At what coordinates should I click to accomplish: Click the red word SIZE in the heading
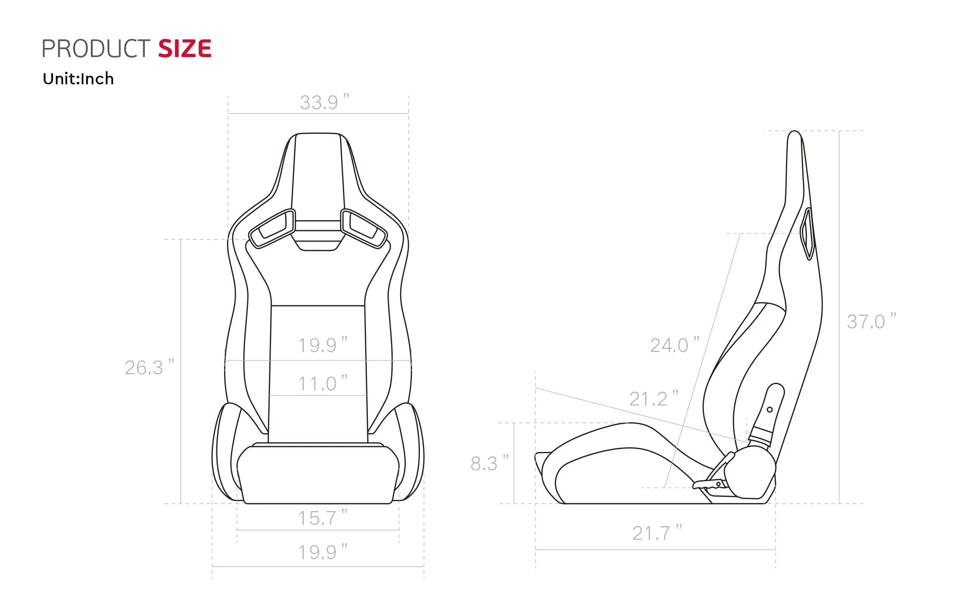coord(185,49)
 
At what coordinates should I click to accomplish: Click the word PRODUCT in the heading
coord(96,49)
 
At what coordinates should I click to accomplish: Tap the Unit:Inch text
coord(78,79)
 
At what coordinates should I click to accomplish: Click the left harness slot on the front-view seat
coord(272,228)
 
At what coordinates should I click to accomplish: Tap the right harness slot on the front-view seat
coord(363,228)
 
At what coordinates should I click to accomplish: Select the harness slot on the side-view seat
coord(808,233)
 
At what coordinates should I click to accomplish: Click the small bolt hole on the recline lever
coord(770,410)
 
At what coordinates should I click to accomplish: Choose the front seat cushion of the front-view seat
coord(318,475)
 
